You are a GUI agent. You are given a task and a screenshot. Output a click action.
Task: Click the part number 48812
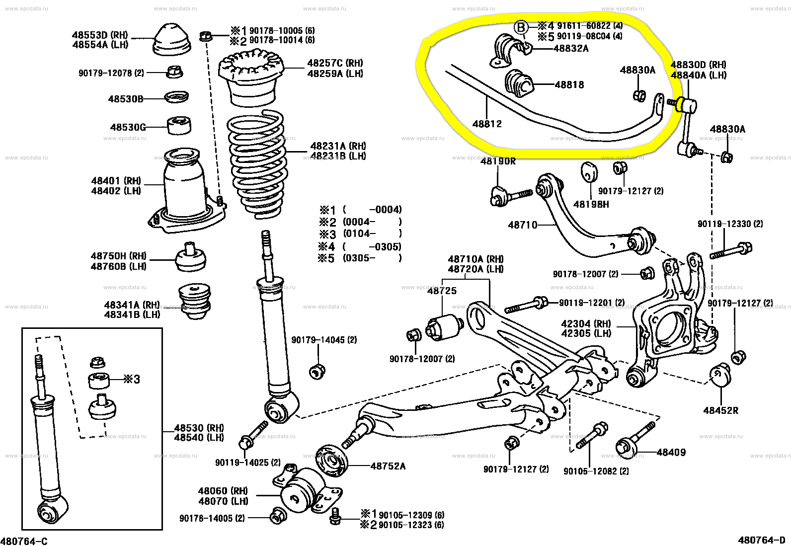click(x=487, y=124)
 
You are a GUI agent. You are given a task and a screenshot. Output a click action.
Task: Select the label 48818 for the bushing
click(x=569, y=85)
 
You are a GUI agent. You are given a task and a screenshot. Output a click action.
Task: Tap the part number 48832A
click(x=571, y=48)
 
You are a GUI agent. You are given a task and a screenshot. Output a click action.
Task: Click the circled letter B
click(x=521, y=27)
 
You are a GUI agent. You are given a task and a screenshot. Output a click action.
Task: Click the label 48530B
click(x=126, y=99)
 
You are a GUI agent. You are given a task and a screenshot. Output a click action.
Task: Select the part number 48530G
click(x=128, y=127)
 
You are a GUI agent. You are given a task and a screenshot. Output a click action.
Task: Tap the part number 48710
click(x=523, y=225)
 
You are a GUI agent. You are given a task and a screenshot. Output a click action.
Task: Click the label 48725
click(x=442, y=291)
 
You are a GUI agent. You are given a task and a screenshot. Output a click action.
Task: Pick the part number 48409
click(x=671, y=452)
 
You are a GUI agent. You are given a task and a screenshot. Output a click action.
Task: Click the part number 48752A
click(x=388, y=466)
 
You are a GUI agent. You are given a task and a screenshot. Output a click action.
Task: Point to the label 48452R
click(x=720, y=410)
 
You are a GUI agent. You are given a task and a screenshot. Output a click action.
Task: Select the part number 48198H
click(x=591, y=204)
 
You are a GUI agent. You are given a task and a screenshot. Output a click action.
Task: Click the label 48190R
click(x=498, y=161)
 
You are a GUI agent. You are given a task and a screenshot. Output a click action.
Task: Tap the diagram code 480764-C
click(x=24, y=541)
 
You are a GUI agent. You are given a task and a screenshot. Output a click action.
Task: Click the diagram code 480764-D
click(x=762, y=540)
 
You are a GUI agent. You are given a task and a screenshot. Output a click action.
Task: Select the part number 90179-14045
click(x=324, y=340)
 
